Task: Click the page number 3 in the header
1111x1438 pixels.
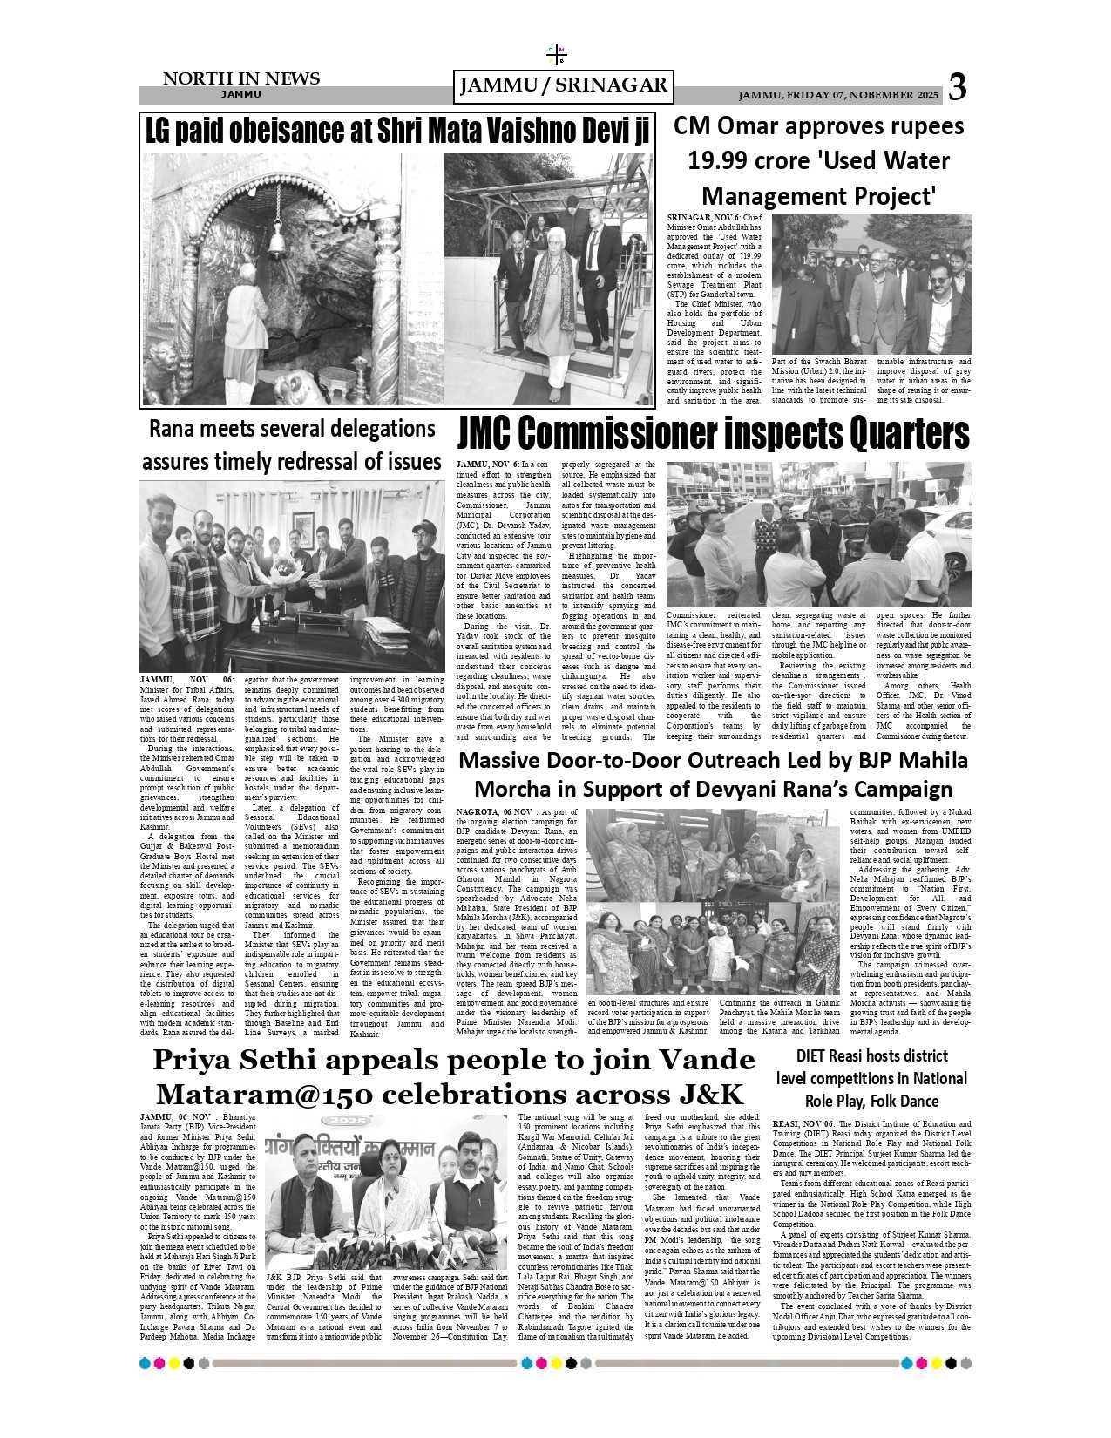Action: pos(957,87)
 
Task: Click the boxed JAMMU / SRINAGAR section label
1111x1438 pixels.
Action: pos(564,85)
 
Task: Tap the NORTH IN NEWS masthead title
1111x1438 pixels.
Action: pos(241,78)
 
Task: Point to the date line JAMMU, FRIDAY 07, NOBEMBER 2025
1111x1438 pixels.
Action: pos(838,95)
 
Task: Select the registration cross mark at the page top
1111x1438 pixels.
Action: pos(557,55)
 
